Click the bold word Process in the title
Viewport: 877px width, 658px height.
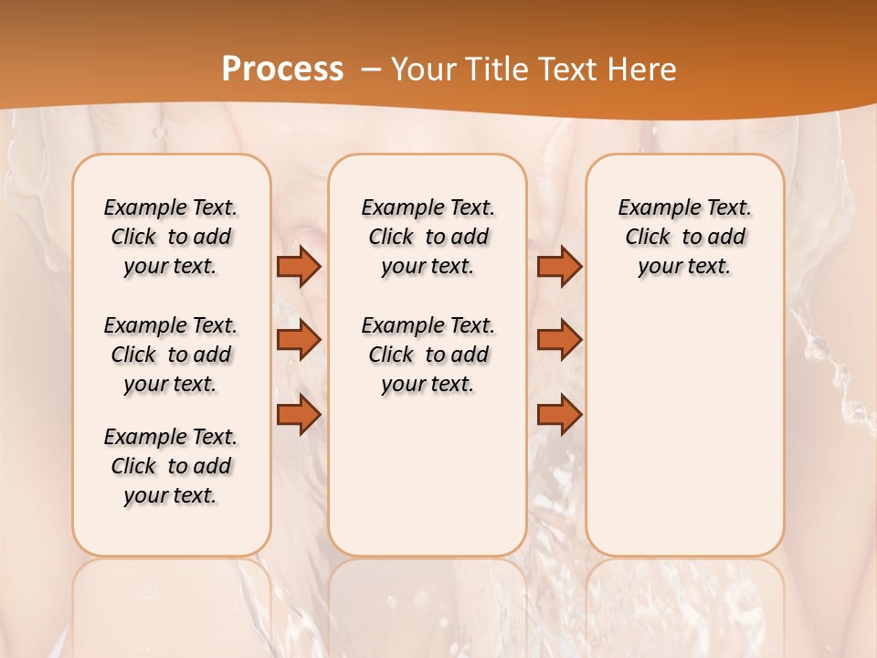point(282,69)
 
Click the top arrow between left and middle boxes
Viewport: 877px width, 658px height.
point(299,267)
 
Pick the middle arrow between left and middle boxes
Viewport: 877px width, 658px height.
point(299,340)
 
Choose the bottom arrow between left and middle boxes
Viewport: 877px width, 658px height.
point(299,414)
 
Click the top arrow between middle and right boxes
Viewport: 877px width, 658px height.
point(559,267)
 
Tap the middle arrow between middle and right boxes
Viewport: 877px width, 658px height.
point(559,340)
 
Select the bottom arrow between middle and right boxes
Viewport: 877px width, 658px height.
point(559,414)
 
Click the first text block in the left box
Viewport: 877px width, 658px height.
point(171,237)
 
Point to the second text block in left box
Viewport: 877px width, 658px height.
point(171,355)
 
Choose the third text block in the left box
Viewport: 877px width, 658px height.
point(171,466)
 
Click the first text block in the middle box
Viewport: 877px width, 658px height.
point(428,237)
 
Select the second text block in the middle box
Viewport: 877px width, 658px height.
point(428,355)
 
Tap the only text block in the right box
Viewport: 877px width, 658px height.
point(684,237)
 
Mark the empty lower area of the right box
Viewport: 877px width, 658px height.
point(684,430)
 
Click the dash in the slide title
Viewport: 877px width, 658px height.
point(371,69)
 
